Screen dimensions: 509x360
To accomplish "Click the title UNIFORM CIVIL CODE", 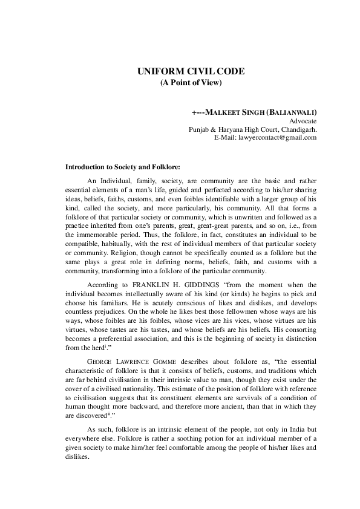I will coord(191,71).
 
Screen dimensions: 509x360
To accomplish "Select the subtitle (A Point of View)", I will coord(191,82).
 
